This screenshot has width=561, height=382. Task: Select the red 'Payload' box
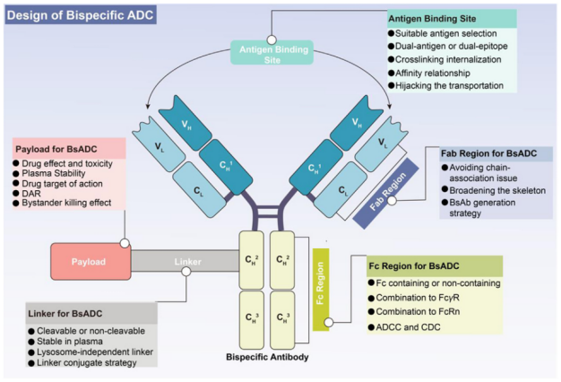tap(89, 262)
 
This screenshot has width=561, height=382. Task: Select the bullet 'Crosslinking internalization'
tap(453, 58)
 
